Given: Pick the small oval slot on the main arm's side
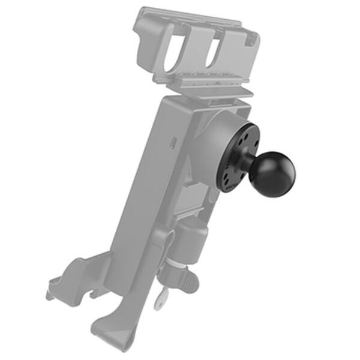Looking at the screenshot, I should point(173,143).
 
